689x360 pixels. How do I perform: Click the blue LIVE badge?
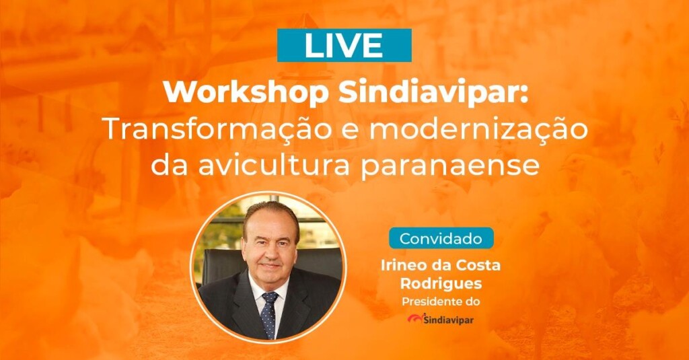coord(344,45)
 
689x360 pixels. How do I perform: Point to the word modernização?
coord(478,130)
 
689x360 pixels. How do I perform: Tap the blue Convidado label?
coord(441,238)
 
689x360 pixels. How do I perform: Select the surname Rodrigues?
coord(441,283)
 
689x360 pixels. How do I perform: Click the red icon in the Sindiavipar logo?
coord(414,318)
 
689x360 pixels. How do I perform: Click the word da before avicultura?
coord(167,165)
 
